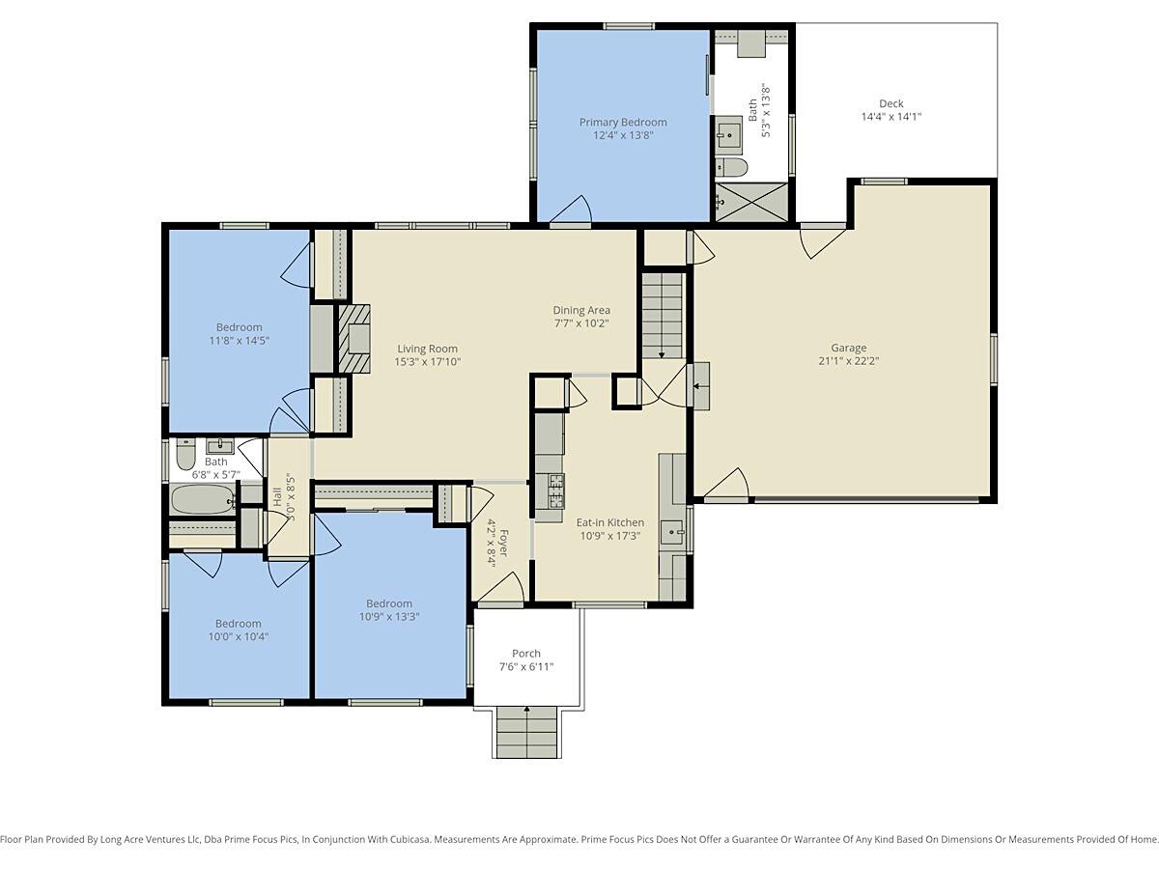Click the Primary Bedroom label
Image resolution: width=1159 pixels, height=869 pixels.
[x=623, y=123]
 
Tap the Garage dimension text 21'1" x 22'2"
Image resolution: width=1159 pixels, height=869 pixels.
[x=849, y=361]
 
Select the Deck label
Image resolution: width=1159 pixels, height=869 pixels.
[x=891, y=103]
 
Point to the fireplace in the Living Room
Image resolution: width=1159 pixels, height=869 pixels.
[x=353, y=339]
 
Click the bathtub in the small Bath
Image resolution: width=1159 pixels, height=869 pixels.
[x=203, y=499]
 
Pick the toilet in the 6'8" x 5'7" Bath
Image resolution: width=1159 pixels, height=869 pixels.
[x=185, y=454]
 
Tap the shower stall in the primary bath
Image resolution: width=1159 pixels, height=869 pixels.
[x=751, y=202]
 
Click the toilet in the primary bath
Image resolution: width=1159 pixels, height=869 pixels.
[x=732, y=167]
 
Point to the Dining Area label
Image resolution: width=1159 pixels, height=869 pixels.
[x=581, y=310]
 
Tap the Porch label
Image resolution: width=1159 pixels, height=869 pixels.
[x=526, y=654]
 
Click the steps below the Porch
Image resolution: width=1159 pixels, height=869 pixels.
[x=527, y=733]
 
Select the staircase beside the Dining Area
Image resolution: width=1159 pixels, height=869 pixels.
[x=663, y=316]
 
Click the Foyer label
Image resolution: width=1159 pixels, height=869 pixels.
[x=503, y=544]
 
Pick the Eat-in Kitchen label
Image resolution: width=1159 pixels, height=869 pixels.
[x=609, y=522]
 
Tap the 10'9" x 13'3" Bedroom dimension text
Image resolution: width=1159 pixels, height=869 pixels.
[x=389, y=616]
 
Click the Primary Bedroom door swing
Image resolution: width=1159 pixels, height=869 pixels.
[x=572, y=209]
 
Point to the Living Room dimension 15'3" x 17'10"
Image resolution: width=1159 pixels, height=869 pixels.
[x=428, y=361]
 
